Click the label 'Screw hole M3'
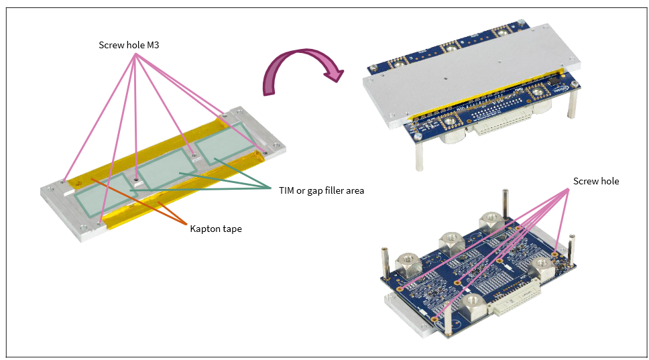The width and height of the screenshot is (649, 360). (129, 45)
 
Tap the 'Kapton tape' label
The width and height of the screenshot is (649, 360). (216, 229)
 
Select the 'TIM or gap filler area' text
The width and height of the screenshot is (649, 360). (322, 191)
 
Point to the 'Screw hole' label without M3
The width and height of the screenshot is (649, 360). (596, 181)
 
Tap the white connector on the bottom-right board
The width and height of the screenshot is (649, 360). (516, 296)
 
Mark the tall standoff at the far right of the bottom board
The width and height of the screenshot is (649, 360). (572, 250)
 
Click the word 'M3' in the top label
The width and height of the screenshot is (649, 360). (153, 45)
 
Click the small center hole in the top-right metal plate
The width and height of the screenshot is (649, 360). (445, 77)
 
